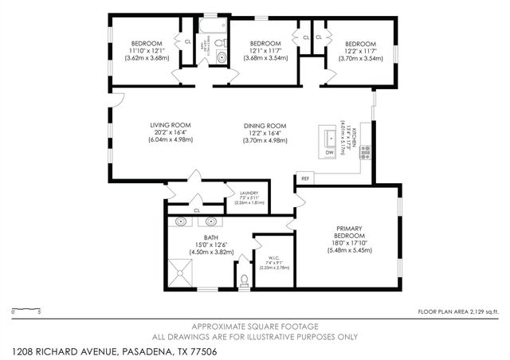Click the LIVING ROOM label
pyautogui.click(x=170, y=125)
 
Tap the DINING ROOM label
pyautogui.click(x=265, y=125)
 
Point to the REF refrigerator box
pyautogui.click(x=304, y=178)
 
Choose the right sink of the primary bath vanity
pyautogui.click(x=212, y=222)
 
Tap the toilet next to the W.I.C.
pyautogui.click(x=243, y=280)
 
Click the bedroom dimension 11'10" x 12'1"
pyautogui.click(x=147, y=51)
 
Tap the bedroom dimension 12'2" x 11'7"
pyautogui.click(x=360, y=51)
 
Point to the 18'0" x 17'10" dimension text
pyautogui.click(x=350, y=244)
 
